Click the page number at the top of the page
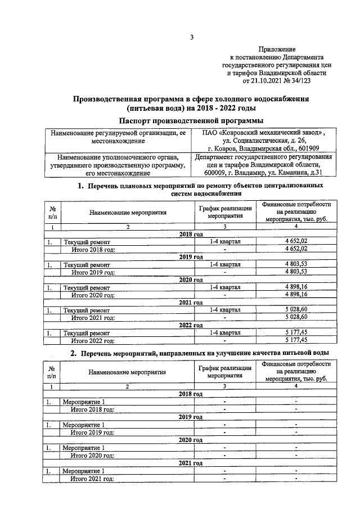191,38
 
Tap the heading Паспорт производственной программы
192,120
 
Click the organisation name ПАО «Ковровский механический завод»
263,133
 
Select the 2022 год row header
191,325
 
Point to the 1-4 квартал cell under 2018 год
224,241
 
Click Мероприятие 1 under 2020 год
83,447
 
